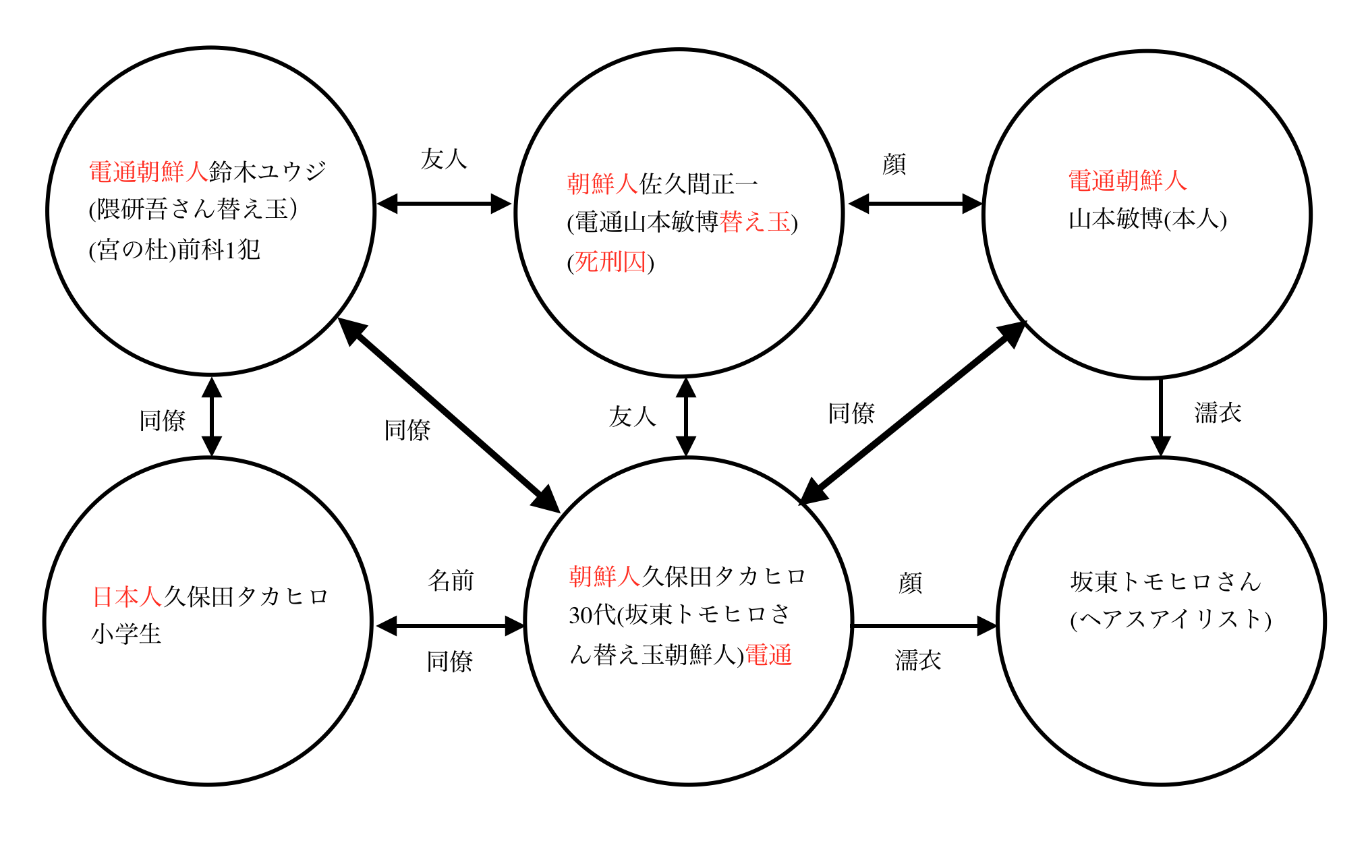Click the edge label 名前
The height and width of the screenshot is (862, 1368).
(x=451, y=581)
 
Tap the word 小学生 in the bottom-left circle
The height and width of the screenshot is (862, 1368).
(x=126, y=634)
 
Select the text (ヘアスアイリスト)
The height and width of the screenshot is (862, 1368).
(x=1170, y=619)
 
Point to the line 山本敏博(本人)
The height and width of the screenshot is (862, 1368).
(x=1147, y=219)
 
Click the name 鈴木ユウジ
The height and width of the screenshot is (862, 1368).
(x=268, y=171)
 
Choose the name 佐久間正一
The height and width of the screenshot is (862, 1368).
(x=699, y=183)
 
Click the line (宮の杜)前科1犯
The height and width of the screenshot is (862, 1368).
(x=174, y=250)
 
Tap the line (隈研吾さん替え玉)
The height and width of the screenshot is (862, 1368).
(x=193, y=210)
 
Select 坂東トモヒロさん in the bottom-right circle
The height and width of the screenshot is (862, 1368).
(x=1166, y=581)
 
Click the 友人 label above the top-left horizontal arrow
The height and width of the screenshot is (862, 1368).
(x=444, y=159)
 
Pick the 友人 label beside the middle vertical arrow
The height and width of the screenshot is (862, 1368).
(x=632, y=417)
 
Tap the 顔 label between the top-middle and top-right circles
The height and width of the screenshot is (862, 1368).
(x=894, y=164)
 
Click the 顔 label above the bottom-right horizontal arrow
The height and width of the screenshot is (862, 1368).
(x=910, y=583)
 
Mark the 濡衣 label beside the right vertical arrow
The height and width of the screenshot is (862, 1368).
(x=1218, y=413)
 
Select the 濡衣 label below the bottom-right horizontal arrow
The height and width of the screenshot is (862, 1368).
(x=918, y=660)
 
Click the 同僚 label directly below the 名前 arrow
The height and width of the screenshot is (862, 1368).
(x=450, y=661)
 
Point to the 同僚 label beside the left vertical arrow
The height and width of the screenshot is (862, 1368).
(x=162, y=420)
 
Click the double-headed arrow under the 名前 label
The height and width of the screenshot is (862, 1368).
(x=450, y=626)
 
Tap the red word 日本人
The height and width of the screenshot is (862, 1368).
(x=127, y=596)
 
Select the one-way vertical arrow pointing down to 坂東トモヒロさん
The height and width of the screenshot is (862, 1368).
(x=1160, y=417)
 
